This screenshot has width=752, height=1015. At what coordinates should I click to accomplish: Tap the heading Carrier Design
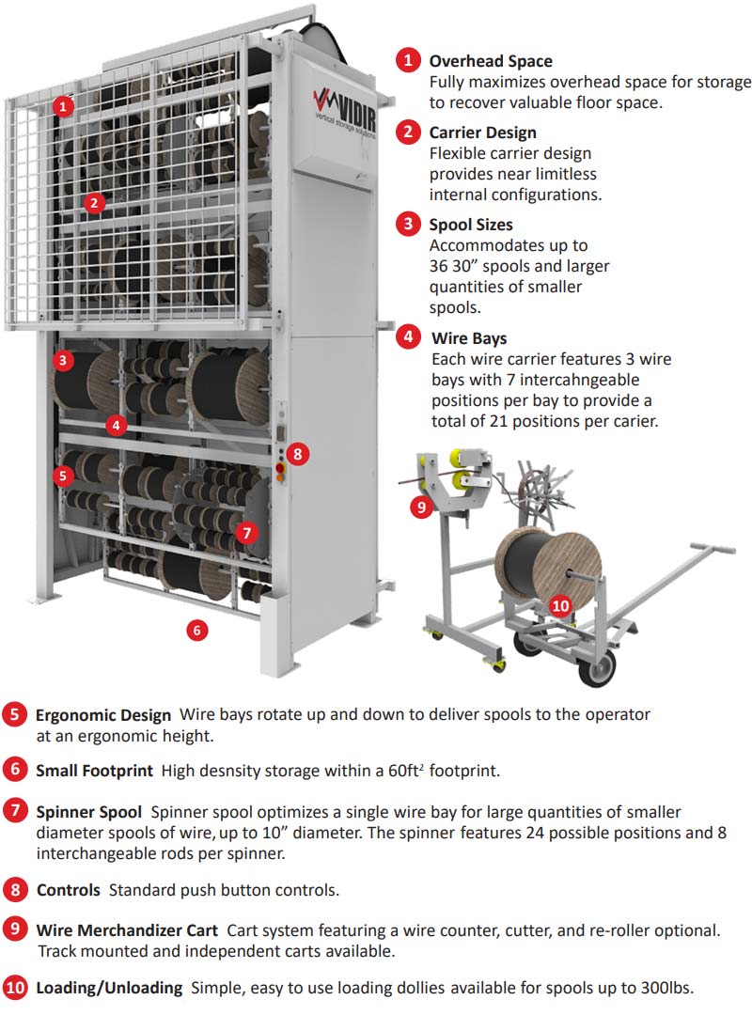pyautogui.click(x=483, y=133)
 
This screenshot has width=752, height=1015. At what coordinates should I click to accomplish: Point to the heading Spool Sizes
pyautogui.click(x=471, y=225)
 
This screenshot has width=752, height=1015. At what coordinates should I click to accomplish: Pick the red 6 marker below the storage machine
pyautogui.click(x=196, y=630)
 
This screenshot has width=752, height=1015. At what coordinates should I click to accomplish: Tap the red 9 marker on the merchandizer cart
pyautogui.click(x=420, y=507)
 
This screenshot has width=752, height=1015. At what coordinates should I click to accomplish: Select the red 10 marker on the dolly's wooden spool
pyautogui.click(x=560, y=605)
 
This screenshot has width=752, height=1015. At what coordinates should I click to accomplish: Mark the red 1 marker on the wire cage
pyautogui.click(x=62, y=106)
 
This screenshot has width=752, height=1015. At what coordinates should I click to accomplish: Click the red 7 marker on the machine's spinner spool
pyautogui.click(x=246, y=532)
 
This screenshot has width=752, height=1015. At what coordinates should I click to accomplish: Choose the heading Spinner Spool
pyautogui.click(x=89, y=811)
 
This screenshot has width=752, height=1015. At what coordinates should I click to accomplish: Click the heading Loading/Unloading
pyautogui.click(x=109, y=988)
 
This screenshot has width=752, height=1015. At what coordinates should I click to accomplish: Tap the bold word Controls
pyautogui.click(x=68, y=889)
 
